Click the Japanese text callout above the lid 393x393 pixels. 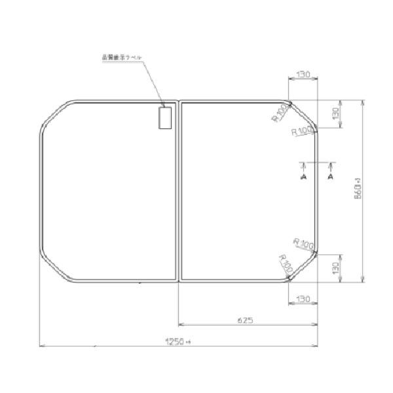[122, 58]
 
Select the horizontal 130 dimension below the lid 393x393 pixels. [303, 299]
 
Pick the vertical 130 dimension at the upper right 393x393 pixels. [335, 114]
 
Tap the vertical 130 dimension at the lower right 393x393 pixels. [335, 268]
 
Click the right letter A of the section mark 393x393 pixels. [331, 177]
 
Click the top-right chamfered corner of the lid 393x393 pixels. [303, 115]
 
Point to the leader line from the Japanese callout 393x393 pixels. [155, 82]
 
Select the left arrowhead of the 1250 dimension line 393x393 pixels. [42, 345]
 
